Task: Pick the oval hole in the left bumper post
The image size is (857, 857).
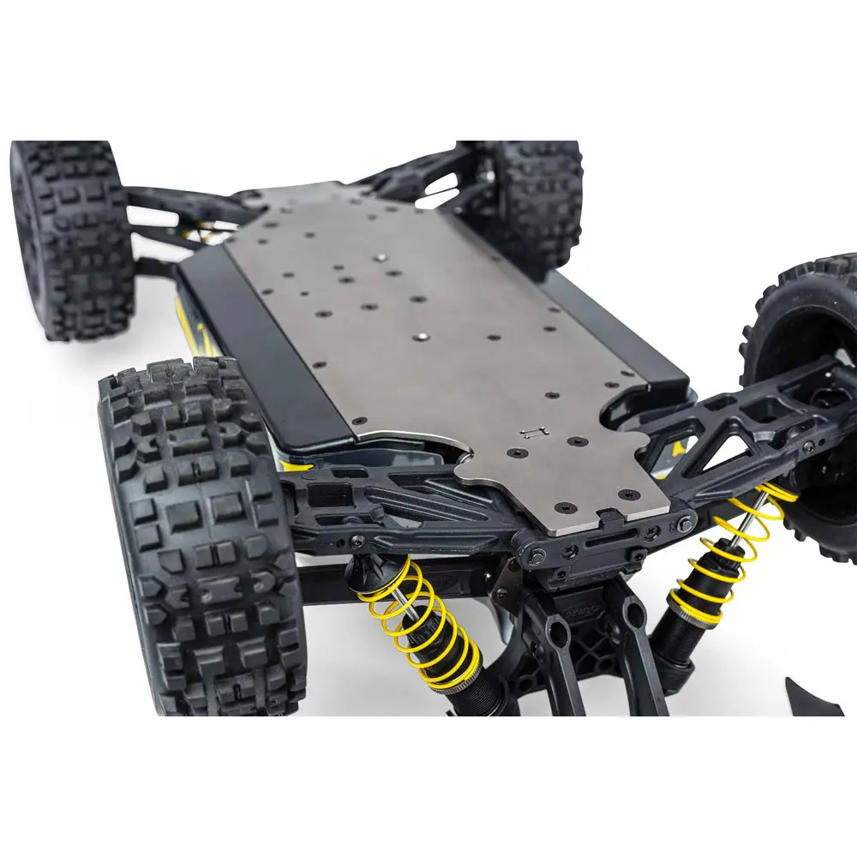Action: (x=558, y=638)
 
